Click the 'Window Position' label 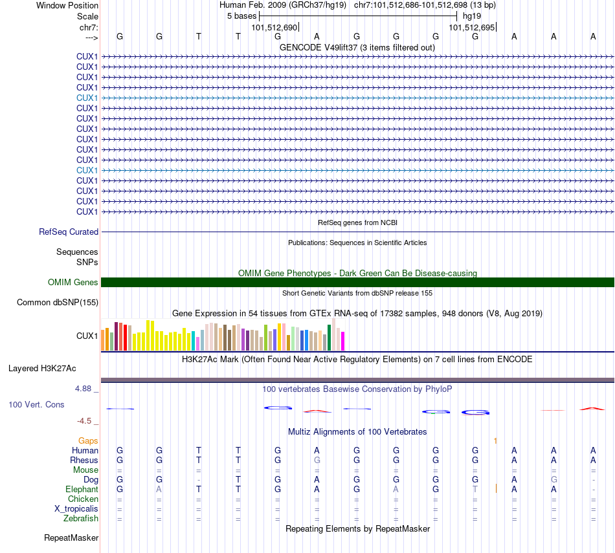[67, 5]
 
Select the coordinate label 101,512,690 [274, 28]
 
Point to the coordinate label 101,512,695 [471, 28]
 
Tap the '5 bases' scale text [241, 16]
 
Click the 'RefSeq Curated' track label [69, 232]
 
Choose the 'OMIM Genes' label [73, 282]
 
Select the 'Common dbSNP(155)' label [58, 302]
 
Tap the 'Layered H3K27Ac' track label [42, 369]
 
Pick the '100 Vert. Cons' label [36, 404]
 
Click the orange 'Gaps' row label [88, 440]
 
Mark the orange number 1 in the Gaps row [495, 440]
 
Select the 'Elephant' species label [82, 490]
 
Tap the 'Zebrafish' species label [81, 518]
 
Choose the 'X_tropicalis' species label [76, 508]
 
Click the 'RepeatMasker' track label [71, 537]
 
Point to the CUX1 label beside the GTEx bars [87, 336]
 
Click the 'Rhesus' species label [84, 460]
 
